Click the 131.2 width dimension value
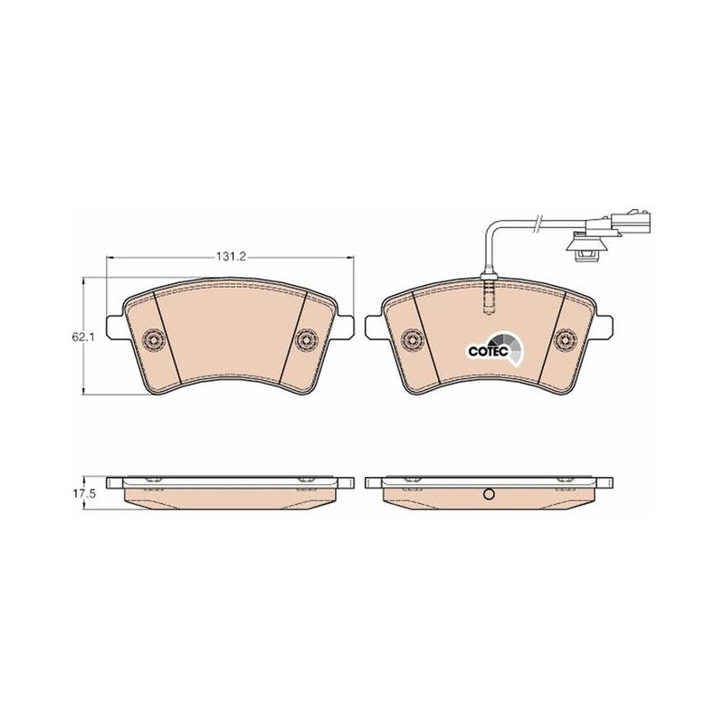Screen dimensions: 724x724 click(230, 257)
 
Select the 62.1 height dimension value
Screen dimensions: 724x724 click(82, 337)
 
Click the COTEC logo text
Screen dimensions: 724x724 click(488, 351)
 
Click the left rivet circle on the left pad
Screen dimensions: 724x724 click(153, 340)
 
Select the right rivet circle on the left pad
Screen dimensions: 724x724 click(305, 340)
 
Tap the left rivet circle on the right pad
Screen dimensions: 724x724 click(412, 340)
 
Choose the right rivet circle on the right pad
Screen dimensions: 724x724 click(564, 340)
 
